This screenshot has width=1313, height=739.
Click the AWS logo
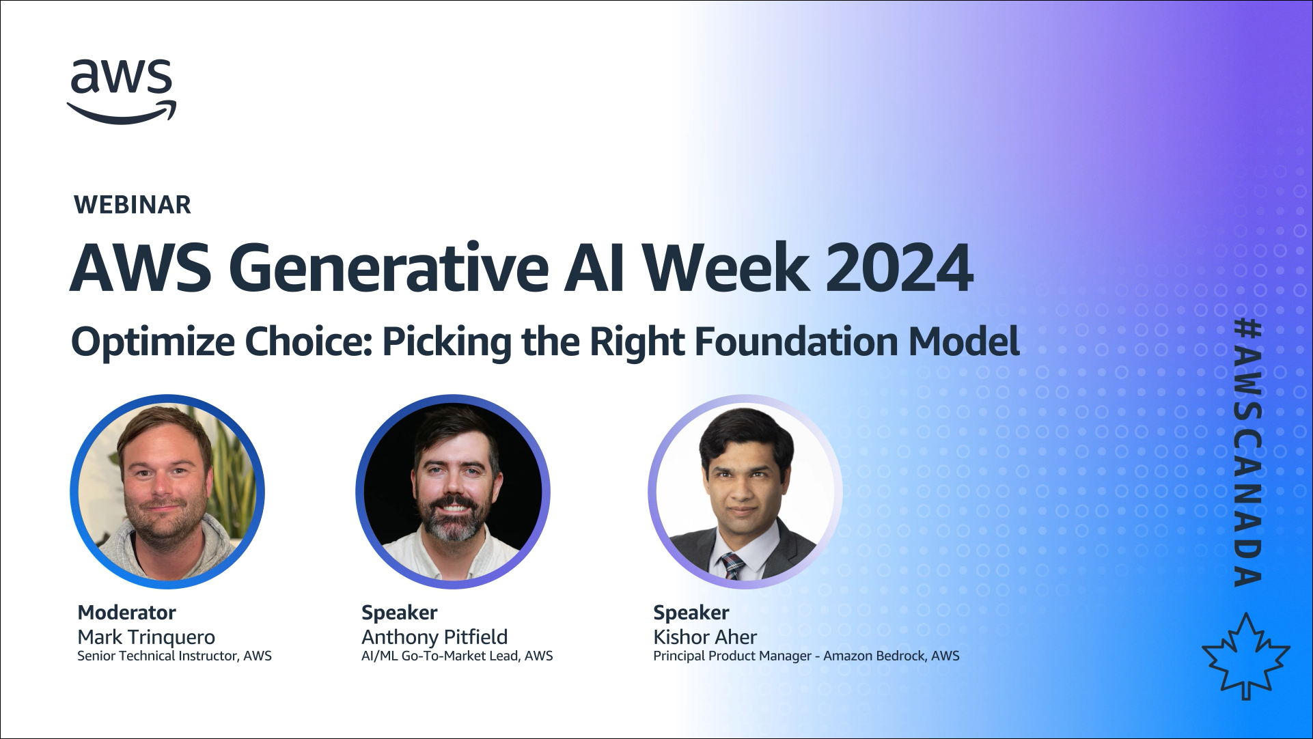pyautogui.click(x=122, y=92)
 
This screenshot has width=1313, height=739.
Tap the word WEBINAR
pyautogui.click(x=133, y=205)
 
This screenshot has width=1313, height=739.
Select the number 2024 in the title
pyautogui.click(x=899, y=268)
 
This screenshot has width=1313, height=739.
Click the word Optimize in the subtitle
pyautogui.click(x=153, y=342)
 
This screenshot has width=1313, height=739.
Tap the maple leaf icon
pyautogui.click(x=1246, y=656)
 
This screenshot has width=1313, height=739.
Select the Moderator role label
pyautogui.click(x=126, y=613)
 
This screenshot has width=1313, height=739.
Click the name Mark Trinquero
pyautogui.click(x=146, y=637)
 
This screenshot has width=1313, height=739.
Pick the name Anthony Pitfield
pyautogui.click(x=434, y=637)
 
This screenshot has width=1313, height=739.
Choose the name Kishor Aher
pyautogui.click(x=705, y=637)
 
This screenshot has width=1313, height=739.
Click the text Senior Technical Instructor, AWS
pyautogui.click(x=174, y=656)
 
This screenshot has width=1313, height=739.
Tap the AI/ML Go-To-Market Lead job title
pyautogui.click(x=457, y=656)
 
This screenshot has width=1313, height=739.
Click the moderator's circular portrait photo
pyautogui.click(x=167, y=492)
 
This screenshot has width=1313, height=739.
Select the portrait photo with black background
pyautogui.click(x=453, y=492)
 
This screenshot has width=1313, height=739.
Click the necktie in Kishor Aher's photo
pyautogui.click(x=732, y=566)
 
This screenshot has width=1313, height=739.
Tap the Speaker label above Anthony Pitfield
pyautogui.click(x=399, y=613)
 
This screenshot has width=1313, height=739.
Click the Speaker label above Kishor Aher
pyautogui.click(x=691, y=613)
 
